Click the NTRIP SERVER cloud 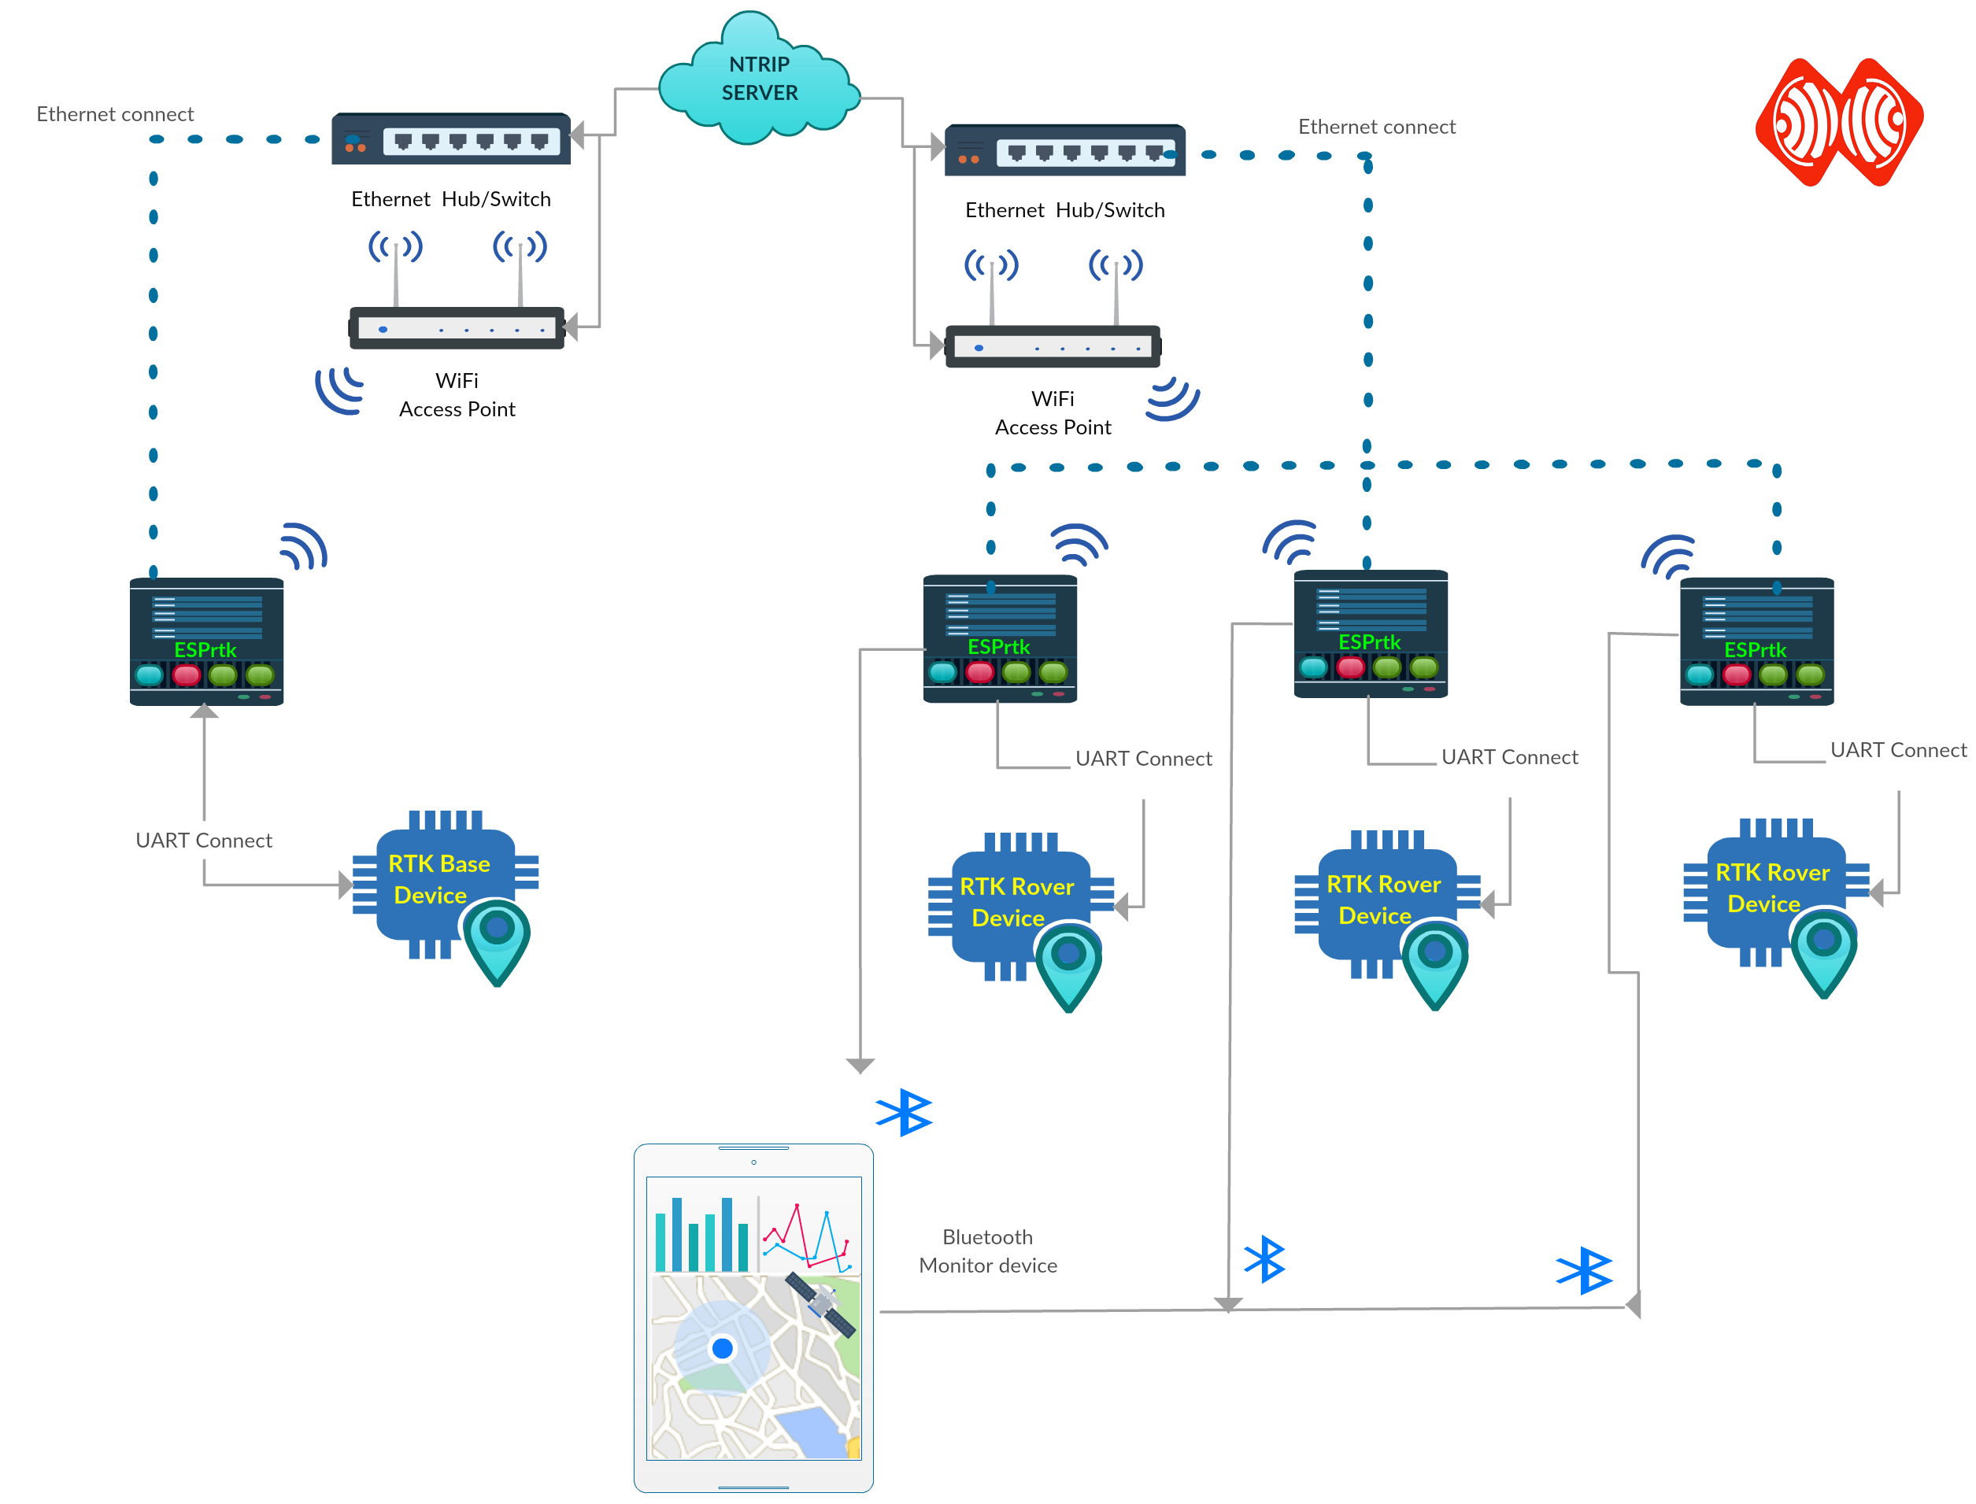click(x=758, y=80)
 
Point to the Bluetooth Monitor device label click(x=986, y=1251)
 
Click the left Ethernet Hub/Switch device click(x=450, y=139)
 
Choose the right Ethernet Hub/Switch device click(x=1064, y=150)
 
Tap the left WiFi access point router click(x=457, y=327)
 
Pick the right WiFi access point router click(x=1052, y=346)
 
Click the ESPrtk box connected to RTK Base click(x=207, y=641)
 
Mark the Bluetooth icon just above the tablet click(x=905, y=1112)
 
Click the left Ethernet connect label click(x=115, y=113)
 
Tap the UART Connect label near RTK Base click(x=203, y=840)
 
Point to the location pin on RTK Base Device click(x=497, y=940)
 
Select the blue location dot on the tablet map click(x=722, y=1347)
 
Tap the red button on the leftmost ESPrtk click(x=187, y=674)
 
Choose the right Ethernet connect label click(x=1375, y=126)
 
